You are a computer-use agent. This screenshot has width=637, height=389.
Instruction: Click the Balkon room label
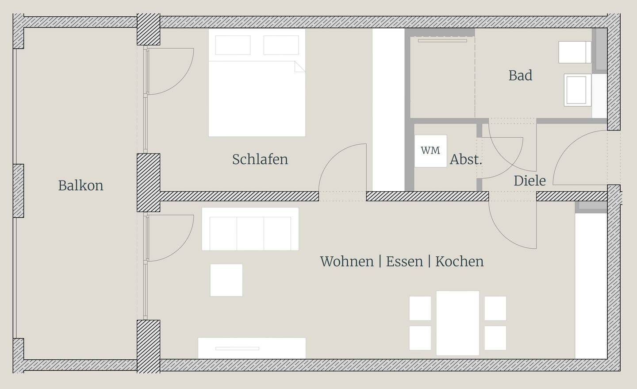click(x=81, y=185)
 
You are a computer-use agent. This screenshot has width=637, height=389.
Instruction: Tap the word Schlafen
click(x=260, y=159)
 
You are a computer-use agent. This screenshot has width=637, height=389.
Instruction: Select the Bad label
click(x=520, y=75)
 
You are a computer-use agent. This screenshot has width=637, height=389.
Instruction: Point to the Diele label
click(x=530, y=181)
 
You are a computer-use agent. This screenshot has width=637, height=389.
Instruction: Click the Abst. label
click(x=465, y=159)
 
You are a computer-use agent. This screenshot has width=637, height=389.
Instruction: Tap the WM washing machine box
click(x=430, y=150)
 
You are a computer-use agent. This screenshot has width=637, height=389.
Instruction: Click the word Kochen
click(x=460, y=261)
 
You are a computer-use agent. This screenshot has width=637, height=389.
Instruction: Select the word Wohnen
click(x=347, y=261)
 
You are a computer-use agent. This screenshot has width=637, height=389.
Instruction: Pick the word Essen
click(x=404, y=261)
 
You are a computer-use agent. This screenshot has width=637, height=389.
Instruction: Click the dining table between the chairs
click(x=457, y=323)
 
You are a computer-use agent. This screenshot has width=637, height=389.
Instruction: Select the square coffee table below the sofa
click(x=226, y=280)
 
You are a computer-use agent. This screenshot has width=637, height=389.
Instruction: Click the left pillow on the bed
click(x=233, y=45)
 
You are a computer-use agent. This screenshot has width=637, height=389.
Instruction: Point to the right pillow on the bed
click(x=281, y=45)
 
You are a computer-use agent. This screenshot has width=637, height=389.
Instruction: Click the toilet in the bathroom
click(x=575, y=52)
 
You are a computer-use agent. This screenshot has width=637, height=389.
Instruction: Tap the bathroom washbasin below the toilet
click(x=577, y=90)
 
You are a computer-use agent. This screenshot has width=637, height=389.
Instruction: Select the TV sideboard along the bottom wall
click(x=251, y=348)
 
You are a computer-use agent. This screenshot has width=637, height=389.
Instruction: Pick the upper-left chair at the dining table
click(x=420, y=308)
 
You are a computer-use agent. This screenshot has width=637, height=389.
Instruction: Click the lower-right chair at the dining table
click(x=495, y=338)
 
